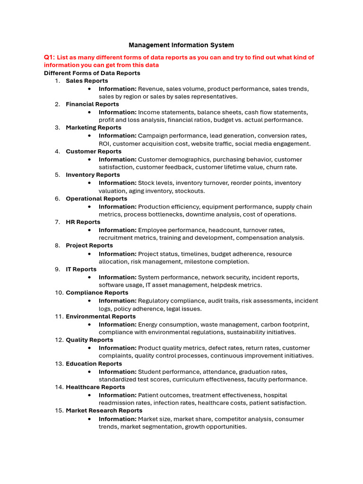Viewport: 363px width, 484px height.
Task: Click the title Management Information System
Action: [181, 45]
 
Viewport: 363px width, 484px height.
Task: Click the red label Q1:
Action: [49, 57]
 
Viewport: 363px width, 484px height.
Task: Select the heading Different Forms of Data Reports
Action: [92, 73]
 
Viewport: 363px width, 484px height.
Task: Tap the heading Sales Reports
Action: [87, 81]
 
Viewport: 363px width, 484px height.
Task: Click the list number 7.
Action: [57, 222]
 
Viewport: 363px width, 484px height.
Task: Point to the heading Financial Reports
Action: [92, 104]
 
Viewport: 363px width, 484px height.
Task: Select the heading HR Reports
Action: [83, 222]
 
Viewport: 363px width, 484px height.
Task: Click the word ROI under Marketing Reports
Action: [104, 144]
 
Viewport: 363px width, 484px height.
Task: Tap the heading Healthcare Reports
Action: [95, 387]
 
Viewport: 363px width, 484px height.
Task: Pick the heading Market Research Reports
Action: [104, 411]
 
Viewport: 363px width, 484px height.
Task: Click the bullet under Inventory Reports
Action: [89, 183]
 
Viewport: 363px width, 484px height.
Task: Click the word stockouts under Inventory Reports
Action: [190, 191]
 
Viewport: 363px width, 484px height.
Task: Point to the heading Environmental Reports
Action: [101, 317]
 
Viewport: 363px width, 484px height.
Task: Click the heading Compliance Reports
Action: [97, 293]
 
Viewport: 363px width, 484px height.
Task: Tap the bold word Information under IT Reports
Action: [117, 277]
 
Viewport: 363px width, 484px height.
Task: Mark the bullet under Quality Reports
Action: [89, 348]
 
